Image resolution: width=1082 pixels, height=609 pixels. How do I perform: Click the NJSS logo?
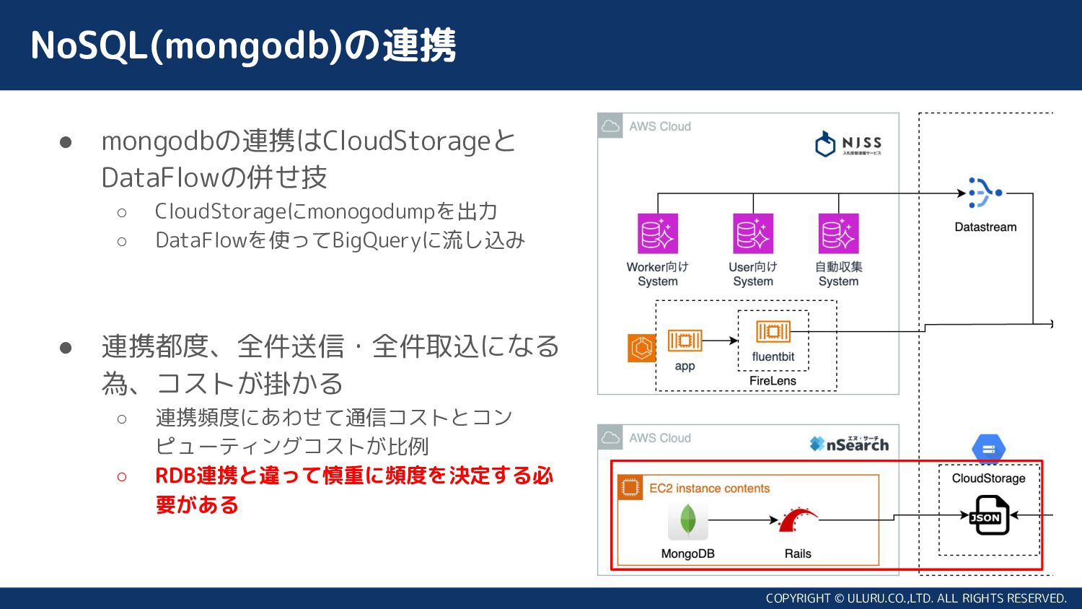[x=848, y=144]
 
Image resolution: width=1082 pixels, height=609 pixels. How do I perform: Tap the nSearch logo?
[x=849, y=444]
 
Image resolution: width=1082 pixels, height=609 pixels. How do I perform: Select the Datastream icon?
[x=985, y=193]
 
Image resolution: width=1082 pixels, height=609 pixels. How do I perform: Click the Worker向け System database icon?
[x=657, y=234]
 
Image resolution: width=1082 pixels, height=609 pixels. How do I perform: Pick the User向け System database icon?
[x=752, y=234]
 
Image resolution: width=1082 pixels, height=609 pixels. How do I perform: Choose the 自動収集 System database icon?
[x=838, y=234]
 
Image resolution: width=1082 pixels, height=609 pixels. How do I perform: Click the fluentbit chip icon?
[x=773, y=332]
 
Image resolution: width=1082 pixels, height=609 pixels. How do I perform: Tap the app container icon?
[x=685, y=341]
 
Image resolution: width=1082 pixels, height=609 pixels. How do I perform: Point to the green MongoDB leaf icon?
[x=687, y=520]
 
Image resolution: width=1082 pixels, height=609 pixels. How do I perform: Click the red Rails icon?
[x=797, y=520]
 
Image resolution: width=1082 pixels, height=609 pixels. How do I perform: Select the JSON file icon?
[x=988, y=515]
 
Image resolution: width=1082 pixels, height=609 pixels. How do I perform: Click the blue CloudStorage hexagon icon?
[x=988, y=449]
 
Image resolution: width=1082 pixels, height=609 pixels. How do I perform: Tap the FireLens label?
[x=773, y=381]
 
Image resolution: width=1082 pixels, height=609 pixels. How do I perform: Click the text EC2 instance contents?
[x=709, y=488]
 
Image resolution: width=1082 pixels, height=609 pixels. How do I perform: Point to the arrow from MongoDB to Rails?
[x=743, y=520]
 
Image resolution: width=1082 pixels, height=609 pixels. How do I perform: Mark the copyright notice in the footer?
[x=915, y=598]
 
